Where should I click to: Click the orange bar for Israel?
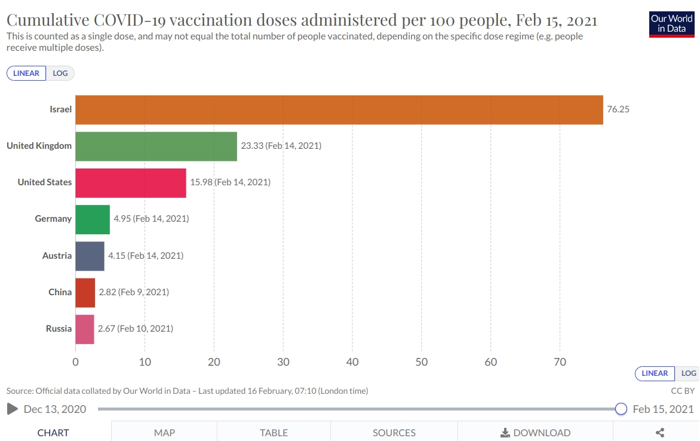pos(339,110)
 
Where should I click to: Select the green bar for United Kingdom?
pos(156,146)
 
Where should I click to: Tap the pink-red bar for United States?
pos(131,183)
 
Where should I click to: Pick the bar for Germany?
pos(93,219)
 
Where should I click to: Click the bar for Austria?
pos(90,256)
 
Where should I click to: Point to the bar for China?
pos(85,292)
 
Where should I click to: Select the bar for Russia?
pos(85,329)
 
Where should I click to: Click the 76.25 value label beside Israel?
pos(618,109)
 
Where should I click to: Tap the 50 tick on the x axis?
pos(422,362)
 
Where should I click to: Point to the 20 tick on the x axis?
pos(214,362)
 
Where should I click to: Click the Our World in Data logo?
pos(672,24)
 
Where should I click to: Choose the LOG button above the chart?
pos(60,73)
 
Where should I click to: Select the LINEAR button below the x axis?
pos(655,373)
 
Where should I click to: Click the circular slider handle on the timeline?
pos(621,409)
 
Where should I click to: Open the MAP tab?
pos(164,433)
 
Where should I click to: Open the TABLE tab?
pos(274,433)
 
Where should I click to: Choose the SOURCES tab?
pos(394,433)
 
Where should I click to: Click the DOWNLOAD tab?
pos(535,433)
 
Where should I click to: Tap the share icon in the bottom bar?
pos(660,433)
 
